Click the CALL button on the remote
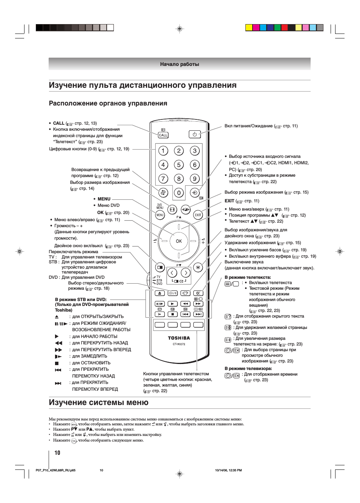pos(163,135)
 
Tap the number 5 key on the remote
pos(179,165)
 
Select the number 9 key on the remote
pos(195,179)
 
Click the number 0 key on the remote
pos(179,193)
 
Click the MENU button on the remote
pos(160,215)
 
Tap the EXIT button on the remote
pos(198,215)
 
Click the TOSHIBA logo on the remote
pos(179,338)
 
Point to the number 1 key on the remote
pos(163,151)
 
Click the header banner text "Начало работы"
pos(179,64)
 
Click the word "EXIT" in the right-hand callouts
pos(229,201)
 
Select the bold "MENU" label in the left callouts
pos(104,199)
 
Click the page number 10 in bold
pos(57,453)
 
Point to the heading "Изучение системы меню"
pos(99,402)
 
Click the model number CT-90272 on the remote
pos(179,344)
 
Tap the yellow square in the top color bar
pos(249,28)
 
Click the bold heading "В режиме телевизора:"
pos(248,368)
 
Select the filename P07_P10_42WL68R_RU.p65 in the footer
pos(55,470)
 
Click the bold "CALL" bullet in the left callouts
pos(58,123)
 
